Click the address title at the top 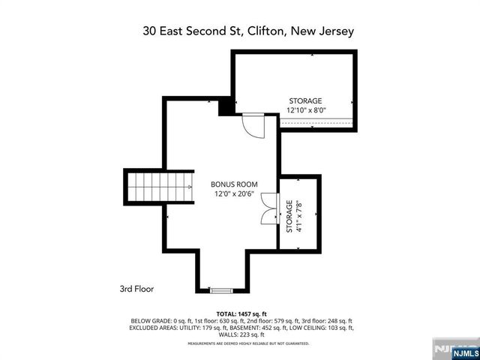tap(248, 32)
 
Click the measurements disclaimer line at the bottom tap(247, 343)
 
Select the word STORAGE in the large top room tap(305, 101)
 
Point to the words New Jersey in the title tap(325, 32)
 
